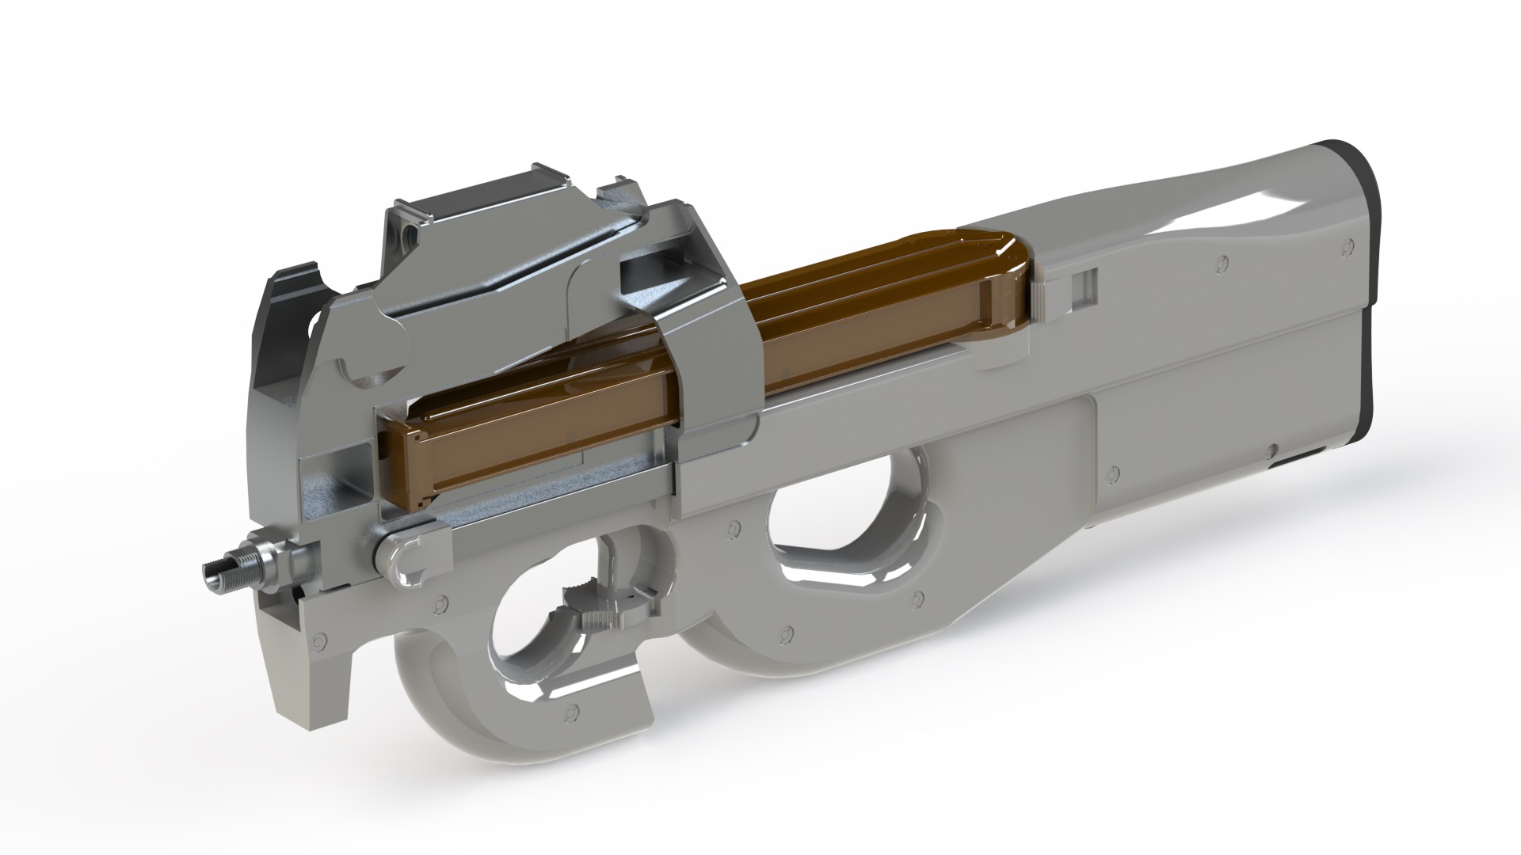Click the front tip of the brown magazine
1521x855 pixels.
(x=412, y=467)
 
